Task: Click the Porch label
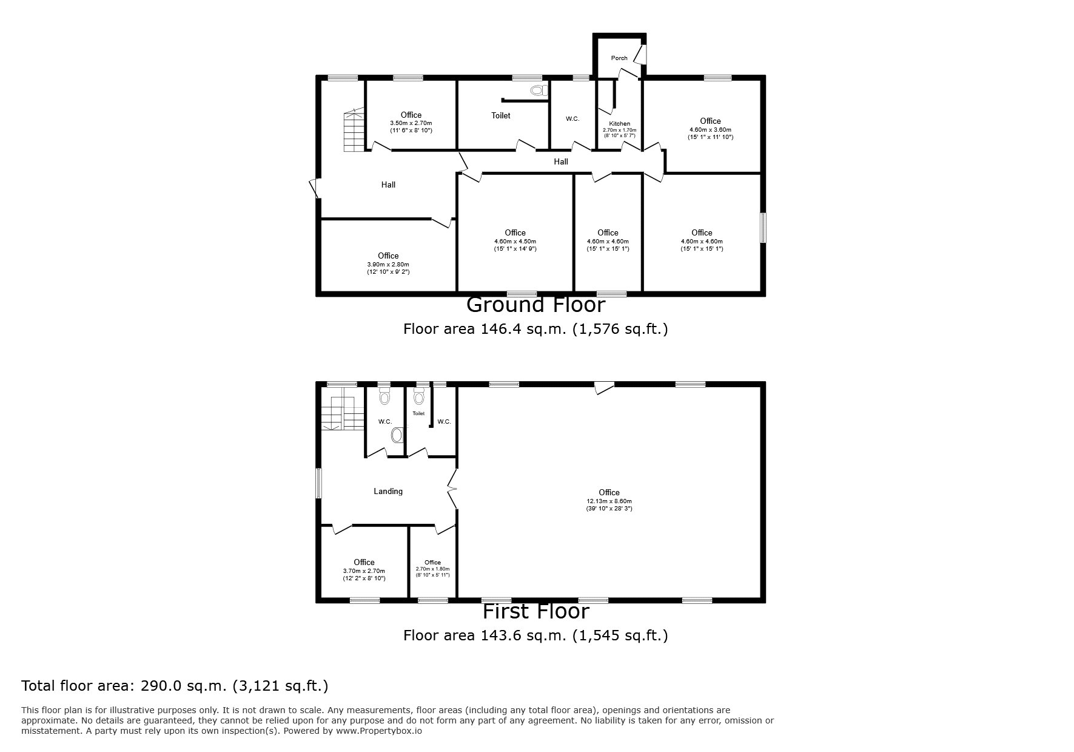point(619,58)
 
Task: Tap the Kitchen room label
point(620,124)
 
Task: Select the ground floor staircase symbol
point(354,130)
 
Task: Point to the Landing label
point(388,491)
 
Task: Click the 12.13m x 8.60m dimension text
point(609,501)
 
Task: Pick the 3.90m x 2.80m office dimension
point(388,265)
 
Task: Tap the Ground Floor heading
point(536,304)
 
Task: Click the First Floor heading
point(536,611)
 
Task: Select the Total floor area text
point(175,686)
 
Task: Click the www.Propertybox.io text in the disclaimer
point(379,731)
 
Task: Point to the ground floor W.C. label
point(572,119)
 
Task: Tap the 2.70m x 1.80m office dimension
point(432,569)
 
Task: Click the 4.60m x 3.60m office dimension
point(710,130)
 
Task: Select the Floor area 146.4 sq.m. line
point(536,329)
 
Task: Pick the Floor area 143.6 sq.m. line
point(536,635)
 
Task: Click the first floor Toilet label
point(418,413)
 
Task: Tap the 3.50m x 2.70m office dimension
point(411,123)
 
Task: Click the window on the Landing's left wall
point(318,483)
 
